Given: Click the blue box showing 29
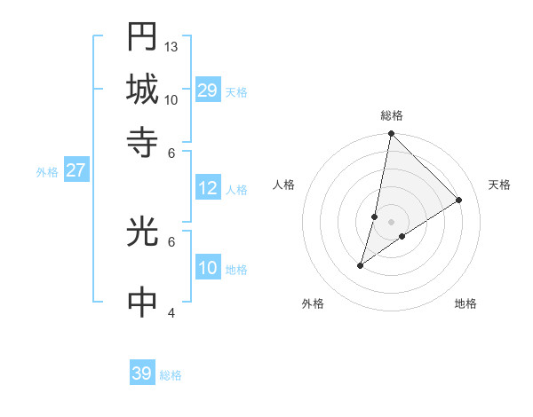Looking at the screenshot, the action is click(x=207, y=90).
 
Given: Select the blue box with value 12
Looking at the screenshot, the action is click(x=207, y=188).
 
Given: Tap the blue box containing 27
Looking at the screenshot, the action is click(x=76, y=170).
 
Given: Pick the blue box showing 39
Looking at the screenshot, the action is click(x=142, y=374).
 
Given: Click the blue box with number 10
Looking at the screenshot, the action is click(x=207, y=269).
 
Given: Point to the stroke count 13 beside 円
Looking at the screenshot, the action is click(x=171, y=46).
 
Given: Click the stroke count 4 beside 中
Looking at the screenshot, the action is click(x=171, y=312).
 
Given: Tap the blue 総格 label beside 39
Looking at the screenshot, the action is click(x=171, y=375).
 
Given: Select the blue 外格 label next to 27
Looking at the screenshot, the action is click(x=47, y=172).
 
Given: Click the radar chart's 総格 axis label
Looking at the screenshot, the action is click(x=392, y=115).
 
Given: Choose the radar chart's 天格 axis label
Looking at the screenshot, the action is click(x=499, y=185).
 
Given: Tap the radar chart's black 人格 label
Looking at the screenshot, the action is click(x=284, y=185).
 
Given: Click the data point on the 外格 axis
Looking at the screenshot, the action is click(x=361, y=265).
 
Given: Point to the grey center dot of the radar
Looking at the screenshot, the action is click(x=392, y=222).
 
